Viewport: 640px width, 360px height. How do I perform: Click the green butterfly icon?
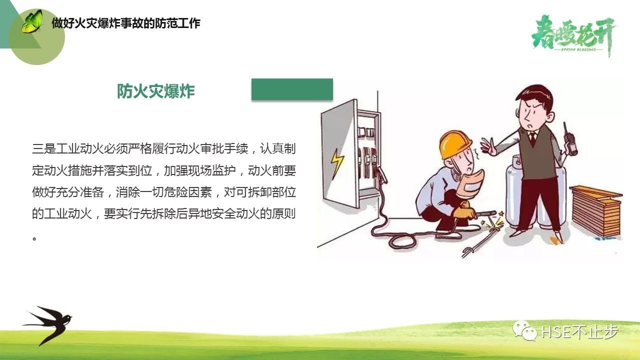coord(32,21)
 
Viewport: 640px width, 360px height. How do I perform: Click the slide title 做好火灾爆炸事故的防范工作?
coord(126,23)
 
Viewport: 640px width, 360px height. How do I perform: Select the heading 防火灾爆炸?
coord(155,91)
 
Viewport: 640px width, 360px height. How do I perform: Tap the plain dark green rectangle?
coord(292,89)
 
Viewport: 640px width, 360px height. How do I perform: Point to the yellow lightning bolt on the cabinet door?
coord(337,163)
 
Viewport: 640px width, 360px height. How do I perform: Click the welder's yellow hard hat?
coord(455,144)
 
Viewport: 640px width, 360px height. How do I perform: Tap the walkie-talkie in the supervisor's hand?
coord(570,140)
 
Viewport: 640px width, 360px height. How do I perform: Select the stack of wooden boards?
coord(595,211)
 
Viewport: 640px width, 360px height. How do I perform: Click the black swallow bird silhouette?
coord(47,325)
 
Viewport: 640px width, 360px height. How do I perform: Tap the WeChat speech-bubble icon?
coord(525,331)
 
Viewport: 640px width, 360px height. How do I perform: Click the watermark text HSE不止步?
coord(580,331)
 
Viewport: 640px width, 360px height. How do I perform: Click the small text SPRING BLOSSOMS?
coord(578,49)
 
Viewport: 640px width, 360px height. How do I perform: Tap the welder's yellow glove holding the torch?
coord(465,211)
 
